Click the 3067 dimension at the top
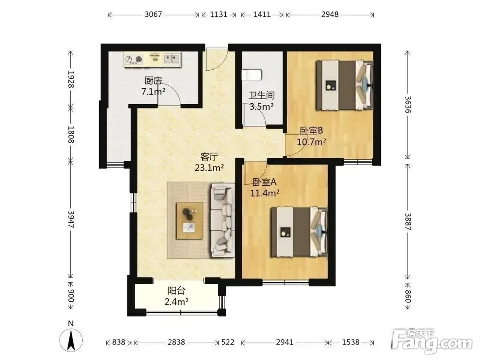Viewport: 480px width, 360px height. pyautogui.click(x=153, y=14)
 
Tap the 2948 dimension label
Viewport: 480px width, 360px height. pyautogui.click(x=330, y=14)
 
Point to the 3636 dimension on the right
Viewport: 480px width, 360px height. pyautogui.click(x=408, y=104)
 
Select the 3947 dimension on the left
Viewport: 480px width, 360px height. pyautogui.click(x=71, y=219)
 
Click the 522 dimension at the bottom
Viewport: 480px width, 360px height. pyautogui.click(x=228, y=342)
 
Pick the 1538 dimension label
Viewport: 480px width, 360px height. pyautogui.click(x=351, y=342)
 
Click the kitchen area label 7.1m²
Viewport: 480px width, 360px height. pyautogui.click(x=153, y=91)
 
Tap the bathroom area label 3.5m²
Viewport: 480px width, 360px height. pyautogui.click(x=261, y=107)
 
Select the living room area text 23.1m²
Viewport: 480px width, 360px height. pyautogui.click(x=209, y=168)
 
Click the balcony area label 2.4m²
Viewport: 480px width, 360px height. pyautogui.click(x=176, y=302)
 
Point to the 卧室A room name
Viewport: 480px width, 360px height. pyautogui.click(x=264, y=182)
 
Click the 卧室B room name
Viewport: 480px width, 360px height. pyautogui.click(x=311, y=131)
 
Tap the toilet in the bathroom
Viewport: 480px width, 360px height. pyautogui.click(x=251, y=75)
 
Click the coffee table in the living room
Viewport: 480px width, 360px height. pyautogui.click(x=189, y=221)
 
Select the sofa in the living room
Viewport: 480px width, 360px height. pyautogui.click(x=223, y=220)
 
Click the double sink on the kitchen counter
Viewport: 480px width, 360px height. pyautogui.click(x=172, y=59)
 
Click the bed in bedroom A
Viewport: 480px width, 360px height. pyautogui.click(x=299, y=232)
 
